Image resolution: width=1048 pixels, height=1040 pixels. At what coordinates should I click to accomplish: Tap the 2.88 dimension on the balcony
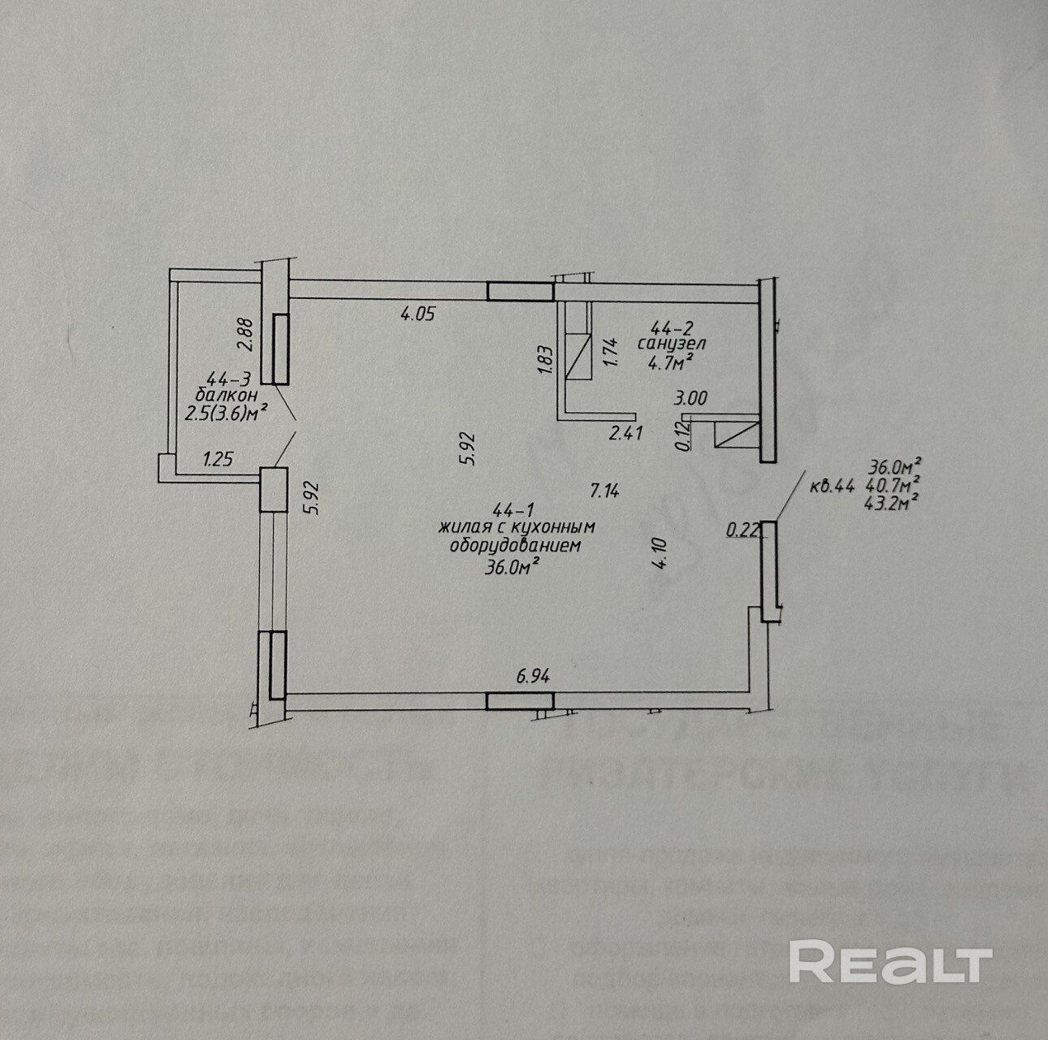tap(247, 333)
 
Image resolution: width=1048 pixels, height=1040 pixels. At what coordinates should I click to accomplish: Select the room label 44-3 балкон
tap(232, 387)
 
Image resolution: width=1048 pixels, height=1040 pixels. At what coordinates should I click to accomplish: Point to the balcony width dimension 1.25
tap(218, 458)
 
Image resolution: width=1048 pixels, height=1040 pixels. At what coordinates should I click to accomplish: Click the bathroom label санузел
tap(671, 344)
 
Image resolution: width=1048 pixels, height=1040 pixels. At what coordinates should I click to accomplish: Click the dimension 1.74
tap(612, 352)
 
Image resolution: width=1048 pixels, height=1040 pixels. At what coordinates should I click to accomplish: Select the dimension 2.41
tap(626, 433)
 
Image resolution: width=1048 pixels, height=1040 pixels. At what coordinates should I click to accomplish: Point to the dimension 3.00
tap(691, 398)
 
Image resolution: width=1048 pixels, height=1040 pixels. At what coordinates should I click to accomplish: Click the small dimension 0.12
tap(685, 438)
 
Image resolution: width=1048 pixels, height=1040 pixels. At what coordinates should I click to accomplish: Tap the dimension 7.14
tap(605, 490)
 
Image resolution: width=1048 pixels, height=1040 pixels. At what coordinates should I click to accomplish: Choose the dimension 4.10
tap(660, 556)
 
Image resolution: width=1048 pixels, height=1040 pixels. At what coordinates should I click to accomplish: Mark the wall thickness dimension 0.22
tap(742, 531)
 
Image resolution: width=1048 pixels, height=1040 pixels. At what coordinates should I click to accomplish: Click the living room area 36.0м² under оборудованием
tap(513, 566)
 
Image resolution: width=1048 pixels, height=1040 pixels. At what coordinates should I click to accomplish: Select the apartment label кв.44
tap(832, 487)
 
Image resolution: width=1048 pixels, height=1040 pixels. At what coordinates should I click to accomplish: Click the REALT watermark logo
tap(890, 963)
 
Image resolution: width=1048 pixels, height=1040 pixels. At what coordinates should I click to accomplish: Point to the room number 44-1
tap(513, 510)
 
